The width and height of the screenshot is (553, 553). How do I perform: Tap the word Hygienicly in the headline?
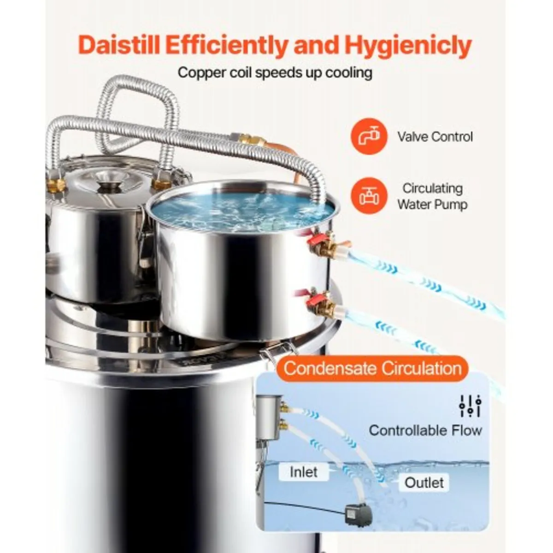pos(408,46)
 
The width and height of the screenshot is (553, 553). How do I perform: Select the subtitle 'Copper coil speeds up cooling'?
pos(275,73)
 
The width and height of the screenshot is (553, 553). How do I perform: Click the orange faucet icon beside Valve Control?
pos(369,136)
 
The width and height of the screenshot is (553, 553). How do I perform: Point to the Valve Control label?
pos(435,137)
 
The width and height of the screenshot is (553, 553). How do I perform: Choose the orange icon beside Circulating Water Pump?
pos(369,196)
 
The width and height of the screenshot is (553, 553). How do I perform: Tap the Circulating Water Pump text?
pos(432,196)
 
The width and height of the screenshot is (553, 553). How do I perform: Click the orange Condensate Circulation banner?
pos(372,368)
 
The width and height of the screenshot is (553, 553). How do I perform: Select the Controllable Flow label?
pos(425,430)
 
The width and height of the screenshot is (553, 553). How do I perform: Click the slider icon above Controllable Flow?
pos(470,406)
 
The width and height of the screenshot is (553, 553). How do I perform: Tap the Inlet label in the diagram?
pos(304,472)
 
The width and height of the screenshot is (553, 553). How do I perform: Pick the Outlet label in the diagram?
pos(424,483)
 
